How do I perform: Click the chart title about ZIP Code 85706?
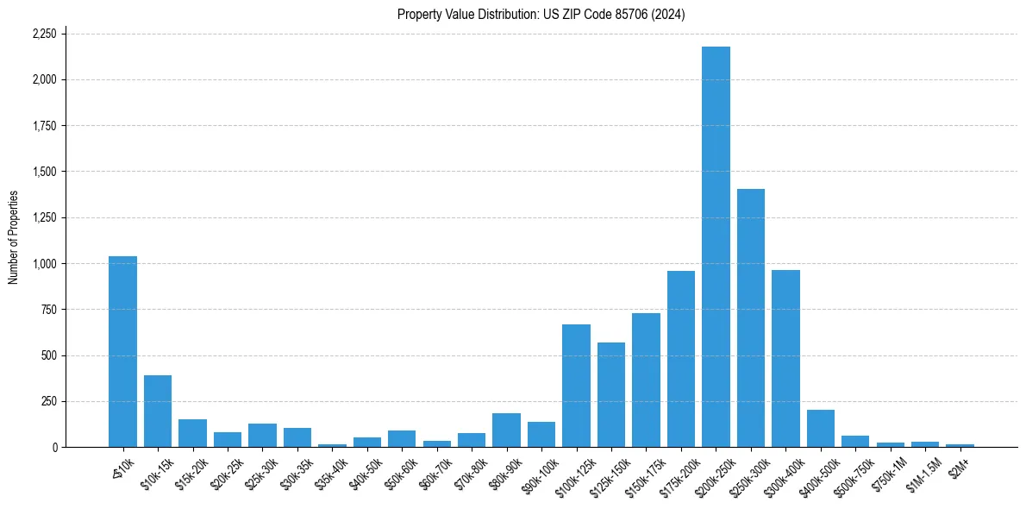(541, 14)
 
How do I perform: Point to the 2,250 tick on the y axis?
(44, 34)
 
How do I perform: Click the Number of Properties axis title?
(14, 237)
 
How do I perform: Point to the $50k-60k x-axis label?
(401, 469)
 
